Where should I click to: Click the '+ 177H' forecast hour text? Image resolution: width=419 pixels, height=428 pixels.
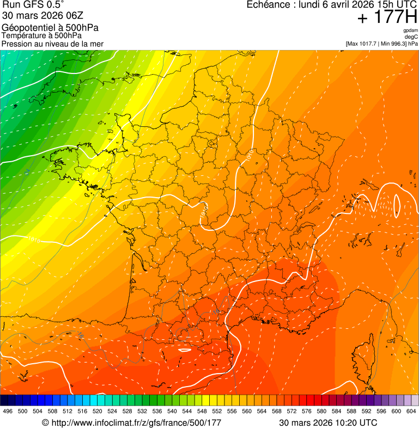pyautogui.click(x=387, y=18)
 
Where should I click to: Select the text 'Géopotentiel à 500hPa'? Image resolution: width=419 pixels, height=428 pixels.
pyautogui.click(x=50, y=28)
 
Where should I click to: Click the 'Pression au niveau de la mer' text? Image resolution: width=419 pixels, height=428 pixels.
pyautogui.click(x=52, y=44)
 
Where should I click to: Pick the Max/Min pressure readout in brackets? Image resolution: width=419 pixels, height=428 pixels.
pyautogui.click(x=381, y=44)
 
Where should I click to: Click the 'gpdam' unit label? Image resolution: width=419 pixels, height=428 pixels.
pyautogui.click(x=410, y=30)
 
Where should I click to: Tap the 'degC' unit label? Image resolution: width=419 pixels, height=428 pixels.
pyautogui.click(x=411, y=37)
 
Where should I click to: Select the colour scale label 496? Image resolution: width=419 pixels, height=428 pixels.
pyautogui.click(x=8, y=411)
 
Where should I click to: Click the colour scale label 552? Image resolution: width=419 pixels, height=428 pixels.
pyautogui.click(x=217, y=411)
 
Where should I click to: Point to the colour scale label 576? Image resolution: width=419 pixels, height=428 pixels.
pyautogui.click(x=307, y=411)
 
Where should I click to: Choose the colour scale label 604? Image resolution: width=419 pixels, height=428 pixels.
pyautogui.click(x=411, y=411)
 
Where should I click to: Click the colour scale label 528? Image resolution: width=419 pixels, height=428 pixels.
pyautogui.click(x=127, y=411)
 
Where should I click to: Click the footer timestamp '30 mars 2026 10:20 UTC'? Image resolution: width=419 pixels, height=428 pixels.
pyautogui.click(x=327, y=423)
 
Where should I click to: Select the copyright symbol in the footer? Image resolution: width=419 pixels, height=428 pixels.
pyautogui.click(x=45, y=423)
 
